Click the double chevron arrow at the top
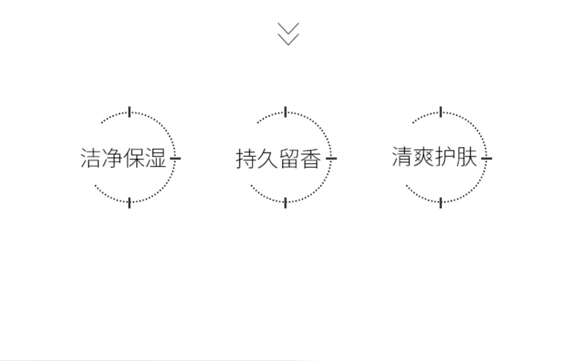[x=288, y=34]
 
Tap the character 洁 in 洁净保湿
[x=91, y=158]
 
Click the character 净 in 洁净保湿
[x=112, y=158]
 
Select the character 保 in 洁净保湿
[x=134, y=158]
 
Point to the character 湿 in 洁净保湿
[x=156, y=158]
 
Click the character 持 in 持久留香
[x=246, y=159]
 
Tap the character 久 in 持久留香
[x=268, y=159]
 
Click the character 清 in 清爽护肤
[x=402, y=157]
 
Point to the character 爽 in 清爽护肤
[x=424, y=157]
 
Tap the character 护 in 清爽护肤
[x=445, y=157]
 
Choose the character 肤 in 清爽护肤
[x=467, y=157]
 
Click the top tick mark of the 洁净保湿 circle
[x=129, y=112]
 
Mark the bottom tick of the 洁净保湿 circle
[x=129, y=203]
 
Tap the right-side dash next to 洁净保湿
[x=175, y=158]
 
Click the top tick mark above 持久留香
[x=285, y=112]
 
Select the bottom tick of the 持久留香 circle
[x=285, y=203]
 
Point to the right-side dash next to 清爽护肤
[x=487, y=158]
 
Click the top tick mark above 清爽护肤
[x=441, y=112]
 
